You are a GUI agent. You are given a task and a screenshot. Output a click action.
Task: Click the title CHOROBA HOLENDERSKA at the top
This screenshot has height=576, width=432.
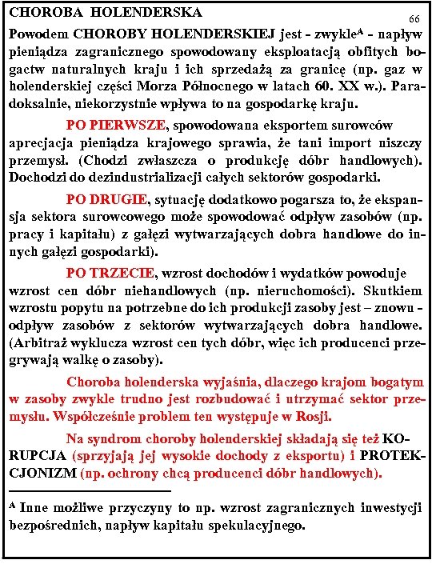click(x=105, y=13)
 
